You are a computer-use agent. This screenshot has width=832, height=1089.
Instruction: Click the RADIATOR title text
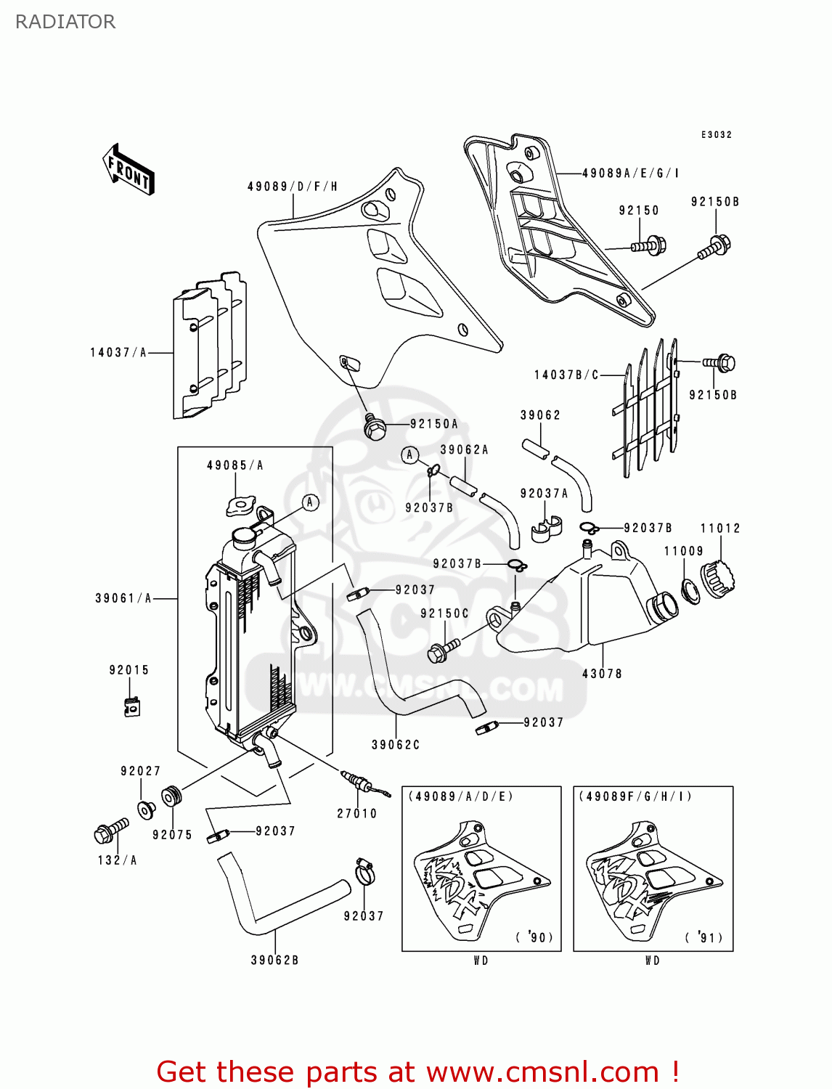pyautogui.click(x=65, y=22)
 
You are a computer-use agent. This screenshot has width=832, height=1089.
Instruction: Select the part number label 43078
pyautogui.click(x=602, y=674)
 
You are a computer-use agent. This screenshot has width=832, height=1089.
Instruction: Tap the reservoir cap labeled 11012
pyautogui.click(x=717, y=579)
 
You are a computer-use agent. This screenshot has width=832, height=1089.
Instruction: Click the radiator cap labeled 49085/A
pyautogui.click(x=240, y=505)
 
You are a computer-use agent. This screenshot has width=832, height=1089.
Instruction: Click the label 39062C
pyautogui.click(x=396, y=745)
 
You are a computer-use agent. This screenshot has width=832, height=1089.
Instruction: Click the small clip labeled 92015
pyautogui.click(x=131, y=706)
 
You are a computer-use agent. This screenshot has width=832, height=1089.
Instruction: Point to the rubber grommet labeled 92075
pyautogui.click(x=171, y=796)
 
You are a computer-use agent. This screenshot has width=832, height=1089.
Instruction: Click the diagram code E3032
pyautogui.click(x=716, y=135)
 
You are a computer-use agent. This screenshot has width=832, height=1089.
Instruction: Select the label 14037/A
pyautogui.click(x=118, y=353)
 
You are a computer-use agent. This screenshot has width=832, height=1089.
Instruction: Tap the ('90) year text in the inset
pyautogui.click(x=535, y=937)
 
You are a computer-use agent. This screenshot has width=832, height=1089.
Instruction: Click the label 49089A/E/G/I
pyautogui.click(x=631, y=174)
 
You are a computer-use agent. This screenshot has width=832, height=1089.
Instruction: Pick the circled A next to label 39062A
pyautogui.click(x=410, y=455)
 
